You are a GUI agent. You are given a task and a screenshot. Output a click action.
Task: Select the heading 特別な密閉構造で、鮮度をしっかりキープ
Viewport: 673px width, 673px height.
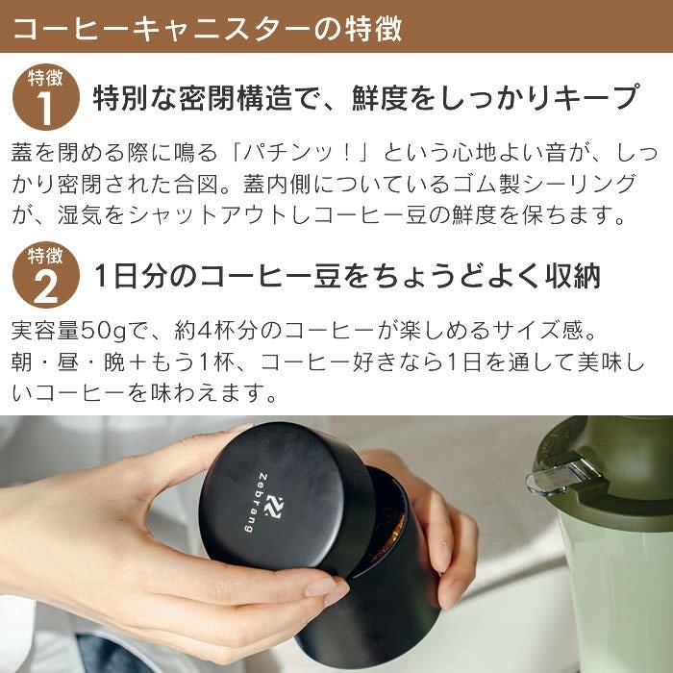pos(365,98)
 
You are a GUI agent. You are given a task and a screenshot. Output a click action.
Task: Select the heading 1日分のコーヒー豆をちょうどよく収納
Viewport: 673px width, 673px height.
pos(347,277)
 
